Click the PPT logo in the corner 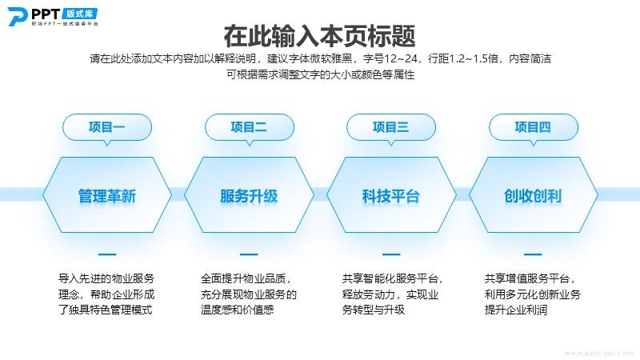pos(53,16)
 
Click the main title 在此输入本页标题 pos(319,36)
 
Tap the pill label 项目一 pos(107,127)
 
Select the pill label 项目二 pos(249,127)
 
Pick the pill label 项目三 pos(390,127)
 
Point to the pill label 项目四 pos(533,127)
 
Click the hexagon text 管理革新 pos(107,196)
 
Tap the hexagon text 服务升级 pos(249,196)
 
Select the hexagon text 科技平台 pos(390,196)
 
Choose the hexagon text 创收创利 pos(533,196)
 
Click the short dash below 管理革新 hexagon pos(107,254)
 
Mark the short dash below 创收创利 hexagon pos(533,254)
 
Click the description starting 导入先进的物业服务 pos(106,294)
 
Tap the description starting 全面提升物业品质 pos(249,294)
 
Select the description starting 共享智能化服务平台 pos(392,294)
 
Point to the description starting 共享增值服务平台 pos(532,294)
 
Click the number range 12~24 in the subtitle pos(401,58)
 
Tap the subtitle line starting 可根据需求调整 pos(321,74)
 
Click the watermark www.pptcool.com pos(598,354)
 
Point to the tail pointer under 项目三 pos(391,143)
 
